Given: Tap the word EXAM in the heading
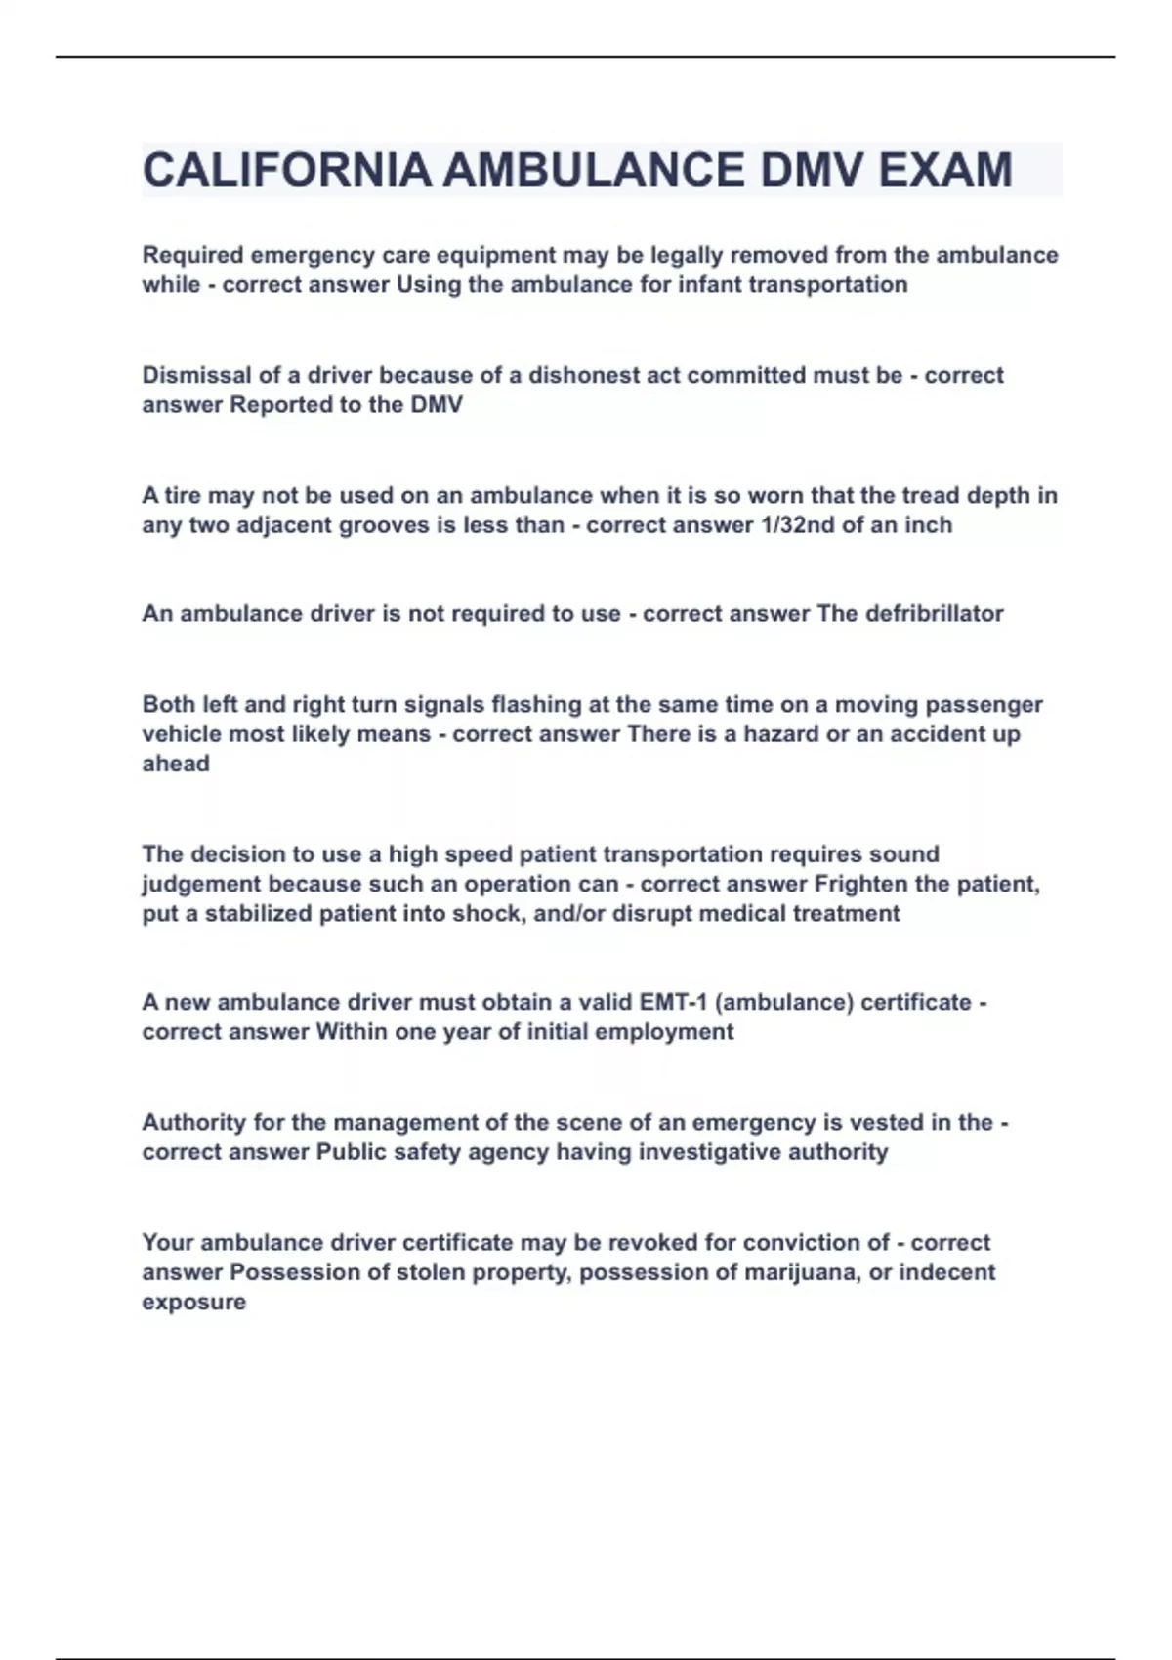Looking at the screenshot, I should coord(944,170).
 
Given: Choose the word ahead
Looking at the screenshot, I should coord(176,765).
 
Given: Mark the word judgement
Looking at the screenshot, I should coord(201,885).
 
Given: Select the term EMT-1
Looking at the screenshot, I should coord(673,1003).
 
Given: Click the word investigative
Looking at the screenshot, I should coord(709,1152).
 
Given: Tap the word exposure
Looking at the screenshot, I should coord(193,1303).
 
